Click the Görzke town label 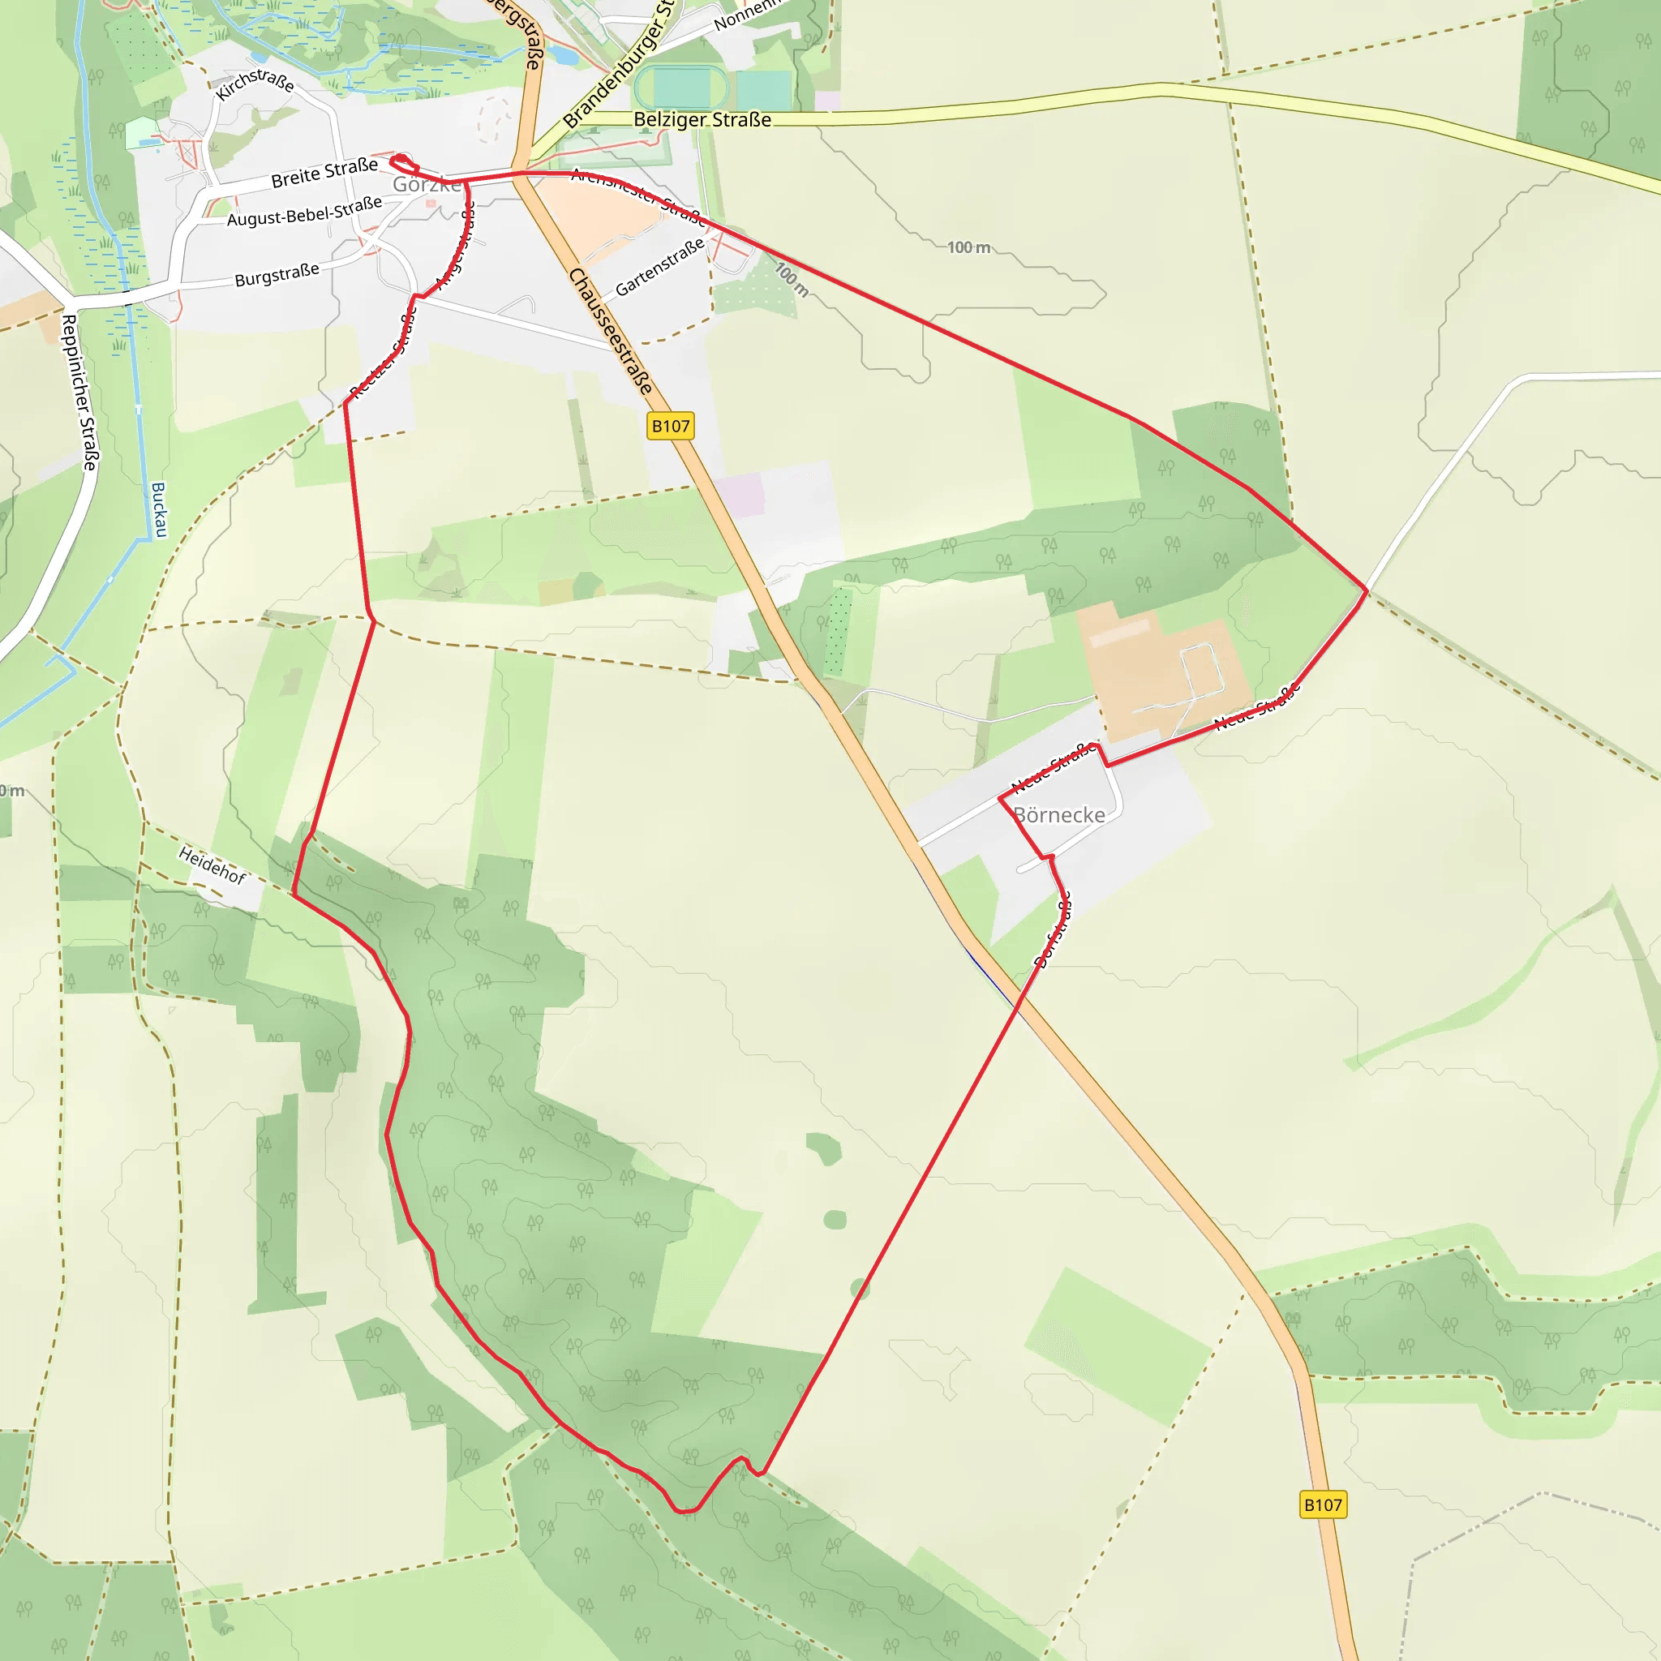[427, 185]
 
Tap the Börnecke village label [1059, 815]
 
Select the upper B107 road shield [670, 427]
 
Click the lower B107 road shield [1322, 1504]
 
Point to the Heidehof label [212, 865]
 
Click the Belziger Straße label [702, 120]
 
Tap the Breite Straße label [324, 173]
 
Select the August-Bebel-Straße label [303, 212]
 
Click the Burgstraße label [277, 275]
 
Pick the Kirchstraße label [255, 84]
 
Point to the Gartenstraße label [659, 267]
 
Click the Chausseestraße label [610, 331]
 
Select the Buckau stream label [159, 509]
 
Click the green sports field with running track [681, 88]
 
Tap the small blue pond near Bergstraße [563, 56]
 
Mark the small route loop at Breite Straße [403, 163]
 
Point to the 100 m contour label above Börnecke [969, 247]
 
